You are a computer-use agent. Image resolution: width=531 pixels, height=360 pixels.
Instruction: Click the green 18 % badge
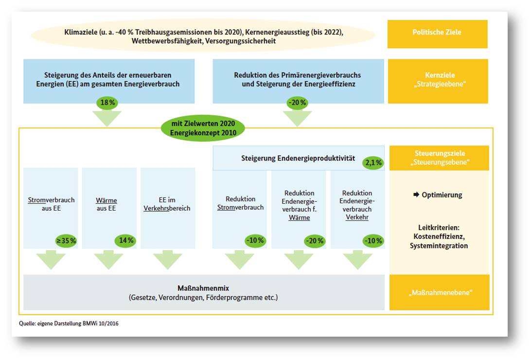(x=107, y=102)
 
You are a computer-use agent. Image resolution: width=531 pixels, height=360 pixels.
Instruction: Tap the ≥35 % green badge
(x=66, y=241)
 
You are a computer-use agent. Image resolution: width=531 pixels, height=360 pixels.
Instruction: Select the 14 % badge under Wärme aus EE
(x=125, y=240)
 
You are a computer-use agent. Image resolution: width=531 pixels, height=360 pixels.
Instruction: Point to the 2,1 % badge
(x=373, y=163)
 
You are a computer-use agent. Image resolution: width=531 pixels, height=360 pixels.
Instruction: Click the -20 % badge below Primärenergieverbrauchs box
(x=297, y=102)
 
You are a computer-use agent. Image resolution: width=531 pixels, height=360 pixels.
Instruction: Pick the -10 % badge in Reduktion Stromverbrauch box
(x=255, y=240)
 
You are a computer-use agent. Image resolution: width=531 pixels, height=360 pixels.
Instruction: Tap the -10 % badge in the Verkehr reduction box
(x=373, y=241)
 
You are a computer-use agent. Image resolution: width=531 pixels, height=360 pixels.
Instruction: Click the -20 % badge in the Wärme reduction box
(x=315, y=241)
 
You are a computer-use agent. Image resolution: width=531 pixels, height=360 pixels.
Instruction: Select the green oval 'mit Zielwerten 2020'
(x=203, y=128)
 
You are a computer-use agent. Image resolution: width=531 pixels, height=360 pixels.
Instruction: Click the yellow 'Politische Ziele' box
(x=437, y=34)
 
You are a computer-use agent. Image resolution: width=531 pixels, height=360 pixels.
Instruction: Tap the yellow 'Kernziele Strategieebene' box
(x=438, y=81)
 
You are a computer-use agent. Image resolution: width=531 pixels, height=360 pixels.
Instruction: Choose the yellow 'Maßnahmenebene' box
(x=439, y=292)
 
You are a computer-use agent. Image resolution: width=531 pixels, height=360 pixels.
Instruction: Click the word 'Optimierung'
(x=442, y=195)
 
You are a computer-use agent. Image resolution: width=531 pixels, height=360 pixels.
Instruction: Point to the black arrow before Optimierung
(x=416, y=195)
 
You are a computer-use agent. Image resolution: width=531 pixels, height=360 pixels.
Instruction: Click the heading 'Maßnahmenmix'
(x=203, y=288)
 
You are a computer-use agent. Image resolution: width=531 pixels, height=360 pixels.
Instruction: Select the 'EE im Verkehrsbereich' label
(x=167, y=204)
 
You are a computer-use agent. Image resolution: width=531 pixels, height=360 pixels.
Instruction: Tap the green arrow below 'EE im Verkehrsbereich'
(x=168, y=260)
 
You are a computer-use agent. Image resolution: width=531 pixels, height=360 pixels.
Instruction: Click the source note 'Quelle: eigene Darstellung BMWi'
(x=58, y=324)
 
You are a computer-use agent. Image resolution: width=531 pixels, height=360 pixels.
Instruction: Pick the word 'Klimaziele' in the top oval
(x=81, y=32)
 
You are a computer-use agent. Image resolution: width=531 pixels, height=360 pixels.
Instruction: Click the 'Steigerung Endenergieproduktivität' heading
(x=298, y=158)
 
